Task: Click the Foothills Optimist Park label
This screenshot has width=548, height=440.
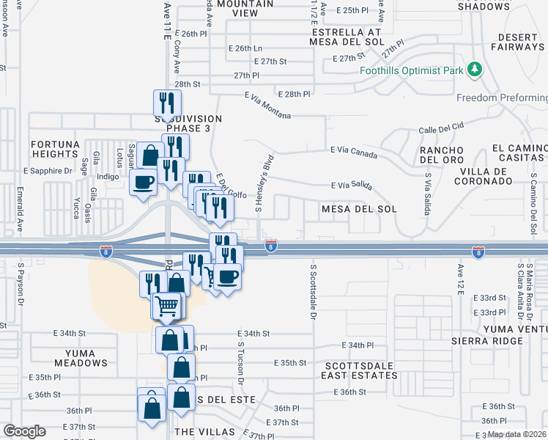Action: (x=412, y=71)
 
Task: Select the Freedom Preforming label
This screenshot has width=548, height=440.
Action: (x=501, y=98)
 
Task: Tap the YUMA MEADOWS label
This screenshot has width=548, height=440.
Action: (x=80, y=358)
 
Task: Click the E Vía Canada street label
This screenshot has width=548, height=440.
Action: (x=354, y=152)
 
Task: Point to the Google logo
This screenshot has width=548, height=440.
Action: (x=24, y=431)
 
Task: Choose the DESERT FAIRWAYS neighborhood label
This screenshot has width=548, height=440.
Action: (x=511, y=42)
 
